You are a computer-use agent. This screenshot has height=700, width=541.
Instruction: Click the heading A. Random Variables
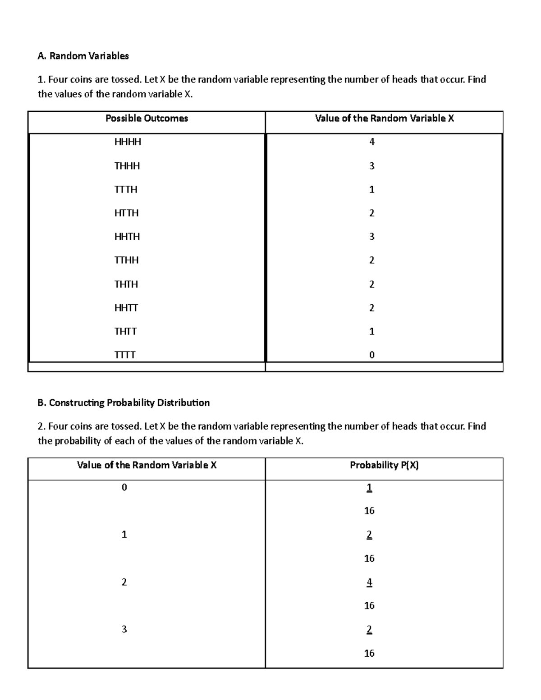coord(83,56)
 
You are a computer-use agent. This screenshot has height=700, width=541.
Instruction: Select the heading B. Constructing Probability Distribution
coord(124,403)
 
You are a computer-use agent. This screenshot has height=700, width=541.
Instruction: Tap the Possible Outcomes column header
coord(147,119)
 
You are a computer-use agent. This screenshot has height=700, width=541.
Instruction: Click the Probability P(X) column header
coord(384,465)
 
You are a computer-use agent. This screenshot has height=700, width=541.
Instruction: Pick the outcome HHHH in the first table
coord(128,142)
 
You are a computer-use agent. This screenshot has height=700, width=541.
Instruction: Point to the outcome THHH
coord(127,166)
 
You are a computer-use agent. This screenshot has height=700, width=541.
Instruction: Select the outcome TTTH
coord(126,189)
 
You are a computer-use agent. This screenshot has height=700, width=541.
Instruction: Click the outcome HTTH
coord(126,213)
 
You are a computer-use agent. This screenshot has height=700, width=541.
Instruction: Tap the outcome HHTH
coord(127,237)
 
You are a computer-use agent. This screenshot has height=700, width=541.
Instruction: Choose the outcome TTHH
coord(126,260)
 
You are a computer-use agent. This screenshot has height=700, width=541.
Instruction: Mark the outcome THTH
coord(126,284)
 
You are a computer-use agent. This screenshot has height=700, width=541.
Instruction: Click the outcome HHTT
coord(126,308)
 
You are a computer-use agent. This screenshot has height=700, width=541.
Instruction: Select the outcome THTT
coord(125,331)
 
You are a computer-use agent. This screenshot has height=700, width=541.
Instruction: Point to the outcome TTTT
coord(125,355)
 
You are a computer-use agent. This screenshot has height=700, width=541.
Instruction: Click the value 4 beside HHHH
coord(371,142)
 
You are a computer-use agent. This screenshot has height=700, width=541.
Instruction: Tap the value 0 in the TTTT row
coord(371,355)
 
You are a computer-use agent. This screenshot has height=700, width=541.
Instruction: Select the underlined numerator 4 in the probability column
coord(369,582)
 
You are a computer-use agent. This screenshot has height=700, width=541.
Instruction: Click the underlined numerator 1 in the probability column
coord(369,488)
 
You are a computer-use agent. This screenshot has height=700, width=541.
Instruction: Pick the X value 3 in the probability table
coord(124,629)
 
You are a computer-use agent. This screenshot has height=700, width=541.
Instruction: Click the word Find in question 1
coord(477,80)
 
